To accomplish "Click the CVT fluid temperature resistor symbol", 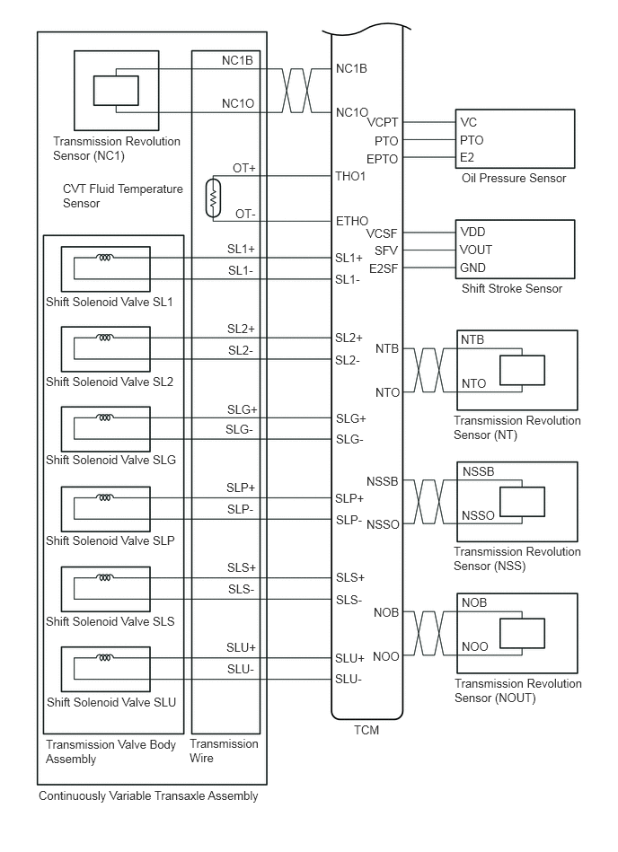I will tap(213, 198).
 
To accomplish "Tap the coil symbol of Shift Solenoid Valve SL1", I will tap(106, 258).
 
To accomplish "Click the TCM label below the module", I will tap(366, 730).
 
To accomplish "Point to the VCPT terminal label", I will tap(383, 122).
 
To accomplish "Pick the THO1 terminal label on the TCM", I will tap(350, 176).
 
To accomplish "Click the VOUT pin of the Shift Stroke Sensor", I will tap(476, 250).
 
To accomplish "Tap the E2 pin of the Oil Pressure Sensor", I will tap(467, 158).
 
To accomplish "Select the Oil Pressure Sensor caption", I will tap(513, 178).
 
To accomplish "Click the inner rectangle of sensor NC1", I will tap(116, 91).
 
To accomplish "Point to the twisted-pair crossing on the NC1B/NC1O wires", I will tap(297, 90).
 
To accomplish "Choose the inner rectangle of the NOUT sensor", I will tap(522, 633).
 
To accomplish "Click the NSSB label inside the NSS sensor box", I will tap(478, 471).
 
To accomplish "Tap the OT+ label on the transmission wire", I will tap(244, 168).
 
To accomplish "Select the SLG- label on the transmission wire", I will tap(240, 429).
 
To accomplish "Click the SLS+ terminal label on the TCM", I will tap(349, 577).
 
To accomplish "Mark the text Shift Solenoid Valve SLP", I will tap(110, 540).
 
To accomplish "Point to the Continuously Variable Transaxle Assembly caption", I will tap(148, 795).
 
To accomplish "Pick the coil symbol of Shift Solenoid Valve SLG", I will tap(106, 417).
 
